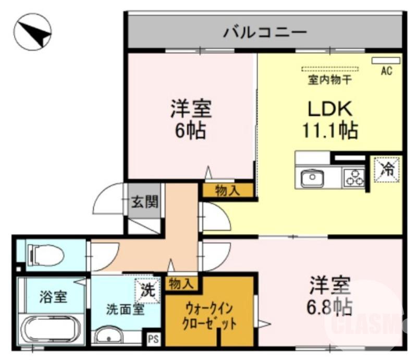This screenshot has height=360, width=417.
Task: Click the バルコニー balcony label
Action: coord(265,33)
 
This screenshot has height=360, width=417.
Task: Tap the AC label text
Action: coord(386,71)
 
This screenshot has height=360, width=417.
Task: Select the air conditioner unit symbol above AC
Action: coord(386,61)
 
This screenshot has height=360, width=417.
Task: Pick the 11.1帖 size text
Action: coord(330,129)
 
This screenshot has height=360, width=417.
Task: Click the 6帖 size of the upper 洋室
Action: coord(190,130)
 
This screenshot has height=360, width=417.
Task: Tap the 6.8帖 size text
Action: coord(329,306)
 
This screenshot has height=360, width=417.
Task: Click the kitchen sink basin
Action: coord(312,178)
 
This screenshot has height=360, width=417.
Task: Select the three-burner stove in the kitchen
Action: coord(354,178)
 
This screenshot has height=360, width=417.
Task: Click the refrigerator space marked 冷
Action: coord(386,169)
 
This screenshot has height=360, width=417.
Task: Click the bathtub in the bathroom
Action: coord(52,329)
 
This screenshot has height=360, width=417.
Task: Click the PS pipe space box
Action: coord(153,338)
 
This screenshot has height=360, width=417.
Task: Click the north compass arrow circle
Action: coord(32,32)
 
